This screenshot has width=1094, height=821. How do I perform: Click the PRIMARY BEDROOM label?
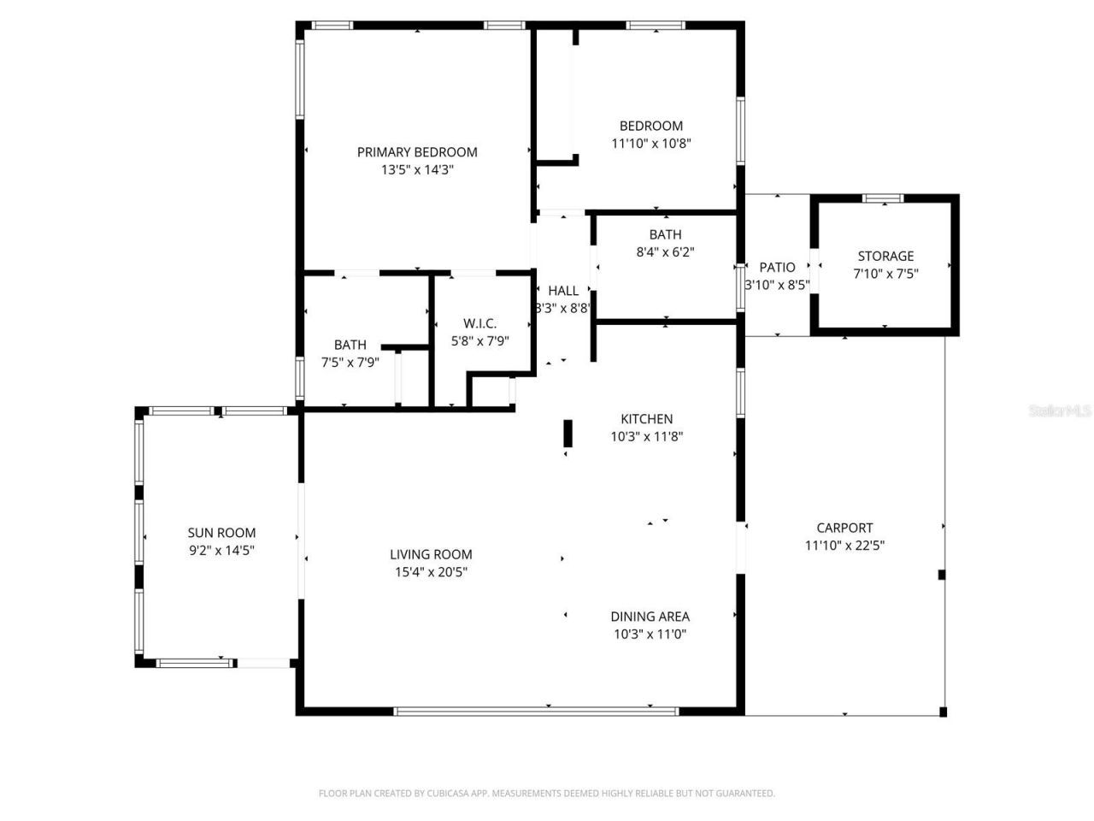[417, 152]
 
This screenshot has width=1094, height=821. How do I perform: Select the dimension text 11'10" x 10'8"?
[650, 144]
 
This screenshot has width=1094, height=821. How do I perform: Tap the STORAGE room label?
[885, 256]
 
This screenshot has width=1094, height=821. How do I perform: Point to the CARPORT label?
[844, 528]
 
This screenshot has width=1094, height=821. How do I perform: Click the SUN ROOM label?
[221, 533]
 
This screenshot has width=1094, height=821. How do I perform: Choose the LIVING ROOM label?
[431, 554]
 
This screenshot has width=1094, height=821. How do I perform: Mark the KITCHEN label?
[646, 418]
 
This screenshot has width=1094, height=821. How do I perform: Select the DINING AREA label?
[650, 616]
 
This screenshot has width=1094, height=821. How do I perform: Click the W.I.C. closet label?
[479, 323]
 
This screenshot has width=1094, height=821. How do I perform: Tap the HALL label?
[563, 291]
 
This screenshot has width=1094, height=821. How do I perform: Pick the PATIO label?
[777, 268]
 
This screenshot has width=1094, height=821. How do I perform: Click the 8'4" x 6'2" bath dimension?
[665, 252]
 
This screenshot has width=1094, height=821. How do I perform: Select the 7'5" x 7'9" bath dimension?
[350, 362]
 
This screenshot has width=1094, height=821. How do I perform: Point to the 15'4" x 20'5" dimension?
[431, 572]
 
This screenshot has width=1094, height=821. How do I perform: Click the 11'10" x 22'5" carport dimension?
[844, 546]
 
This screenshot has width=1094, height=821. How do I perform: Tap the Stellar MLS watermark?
[1060, 411]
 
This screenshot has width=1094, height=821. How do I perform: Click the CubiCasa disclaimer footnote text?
[546, 794]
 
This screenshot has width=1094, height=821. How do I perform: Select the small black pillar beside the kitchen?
[568, 433]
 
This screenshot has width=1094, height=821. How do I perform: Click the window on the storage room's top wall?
[883, 198]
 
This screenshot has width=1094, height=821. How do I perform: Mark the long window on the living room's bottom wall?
[536, 710]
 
